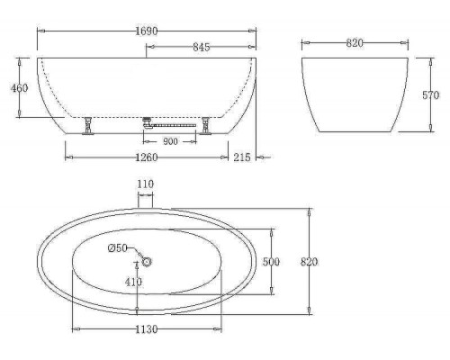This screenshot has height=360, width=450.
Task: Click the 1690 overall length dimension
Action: coord(146,31)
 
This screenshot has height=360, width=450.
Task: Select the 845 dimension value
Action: coord(203,48)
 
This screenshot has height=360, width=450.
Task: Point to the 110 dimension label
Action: coord(146,184)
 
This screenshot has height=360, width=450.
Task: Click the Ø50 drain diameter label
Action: coord(118,249)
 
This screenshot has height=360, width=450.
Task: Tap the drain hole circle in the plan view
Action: coord(146,262)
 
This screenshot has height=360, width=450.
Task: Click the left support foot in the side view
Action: coord(88,126)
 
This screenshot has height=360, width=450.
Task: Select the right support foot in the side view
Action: coord(206,126)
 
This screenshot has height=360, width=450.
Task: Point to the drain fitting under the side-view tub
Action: coord(149,123)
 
